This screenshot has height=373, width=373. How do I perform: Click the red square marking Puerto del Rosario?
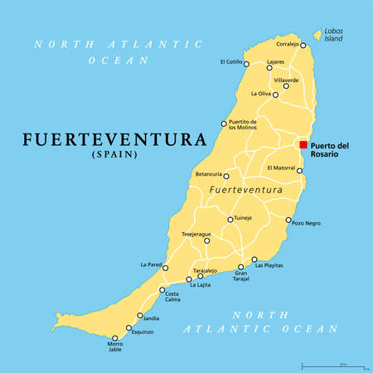[303, 145]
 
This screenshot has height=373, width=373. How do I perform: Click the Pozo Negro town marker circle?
[288, 220]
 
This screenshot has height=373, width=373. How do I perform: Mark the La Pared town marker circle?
[167, 267]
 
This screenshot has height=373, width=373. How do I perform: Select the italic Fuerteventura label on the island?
[244, 191]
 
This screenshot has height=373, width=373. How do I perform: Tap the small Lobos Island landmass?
[317, 36]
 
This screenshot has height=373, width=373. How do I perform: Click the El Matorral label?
[282, 168]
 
